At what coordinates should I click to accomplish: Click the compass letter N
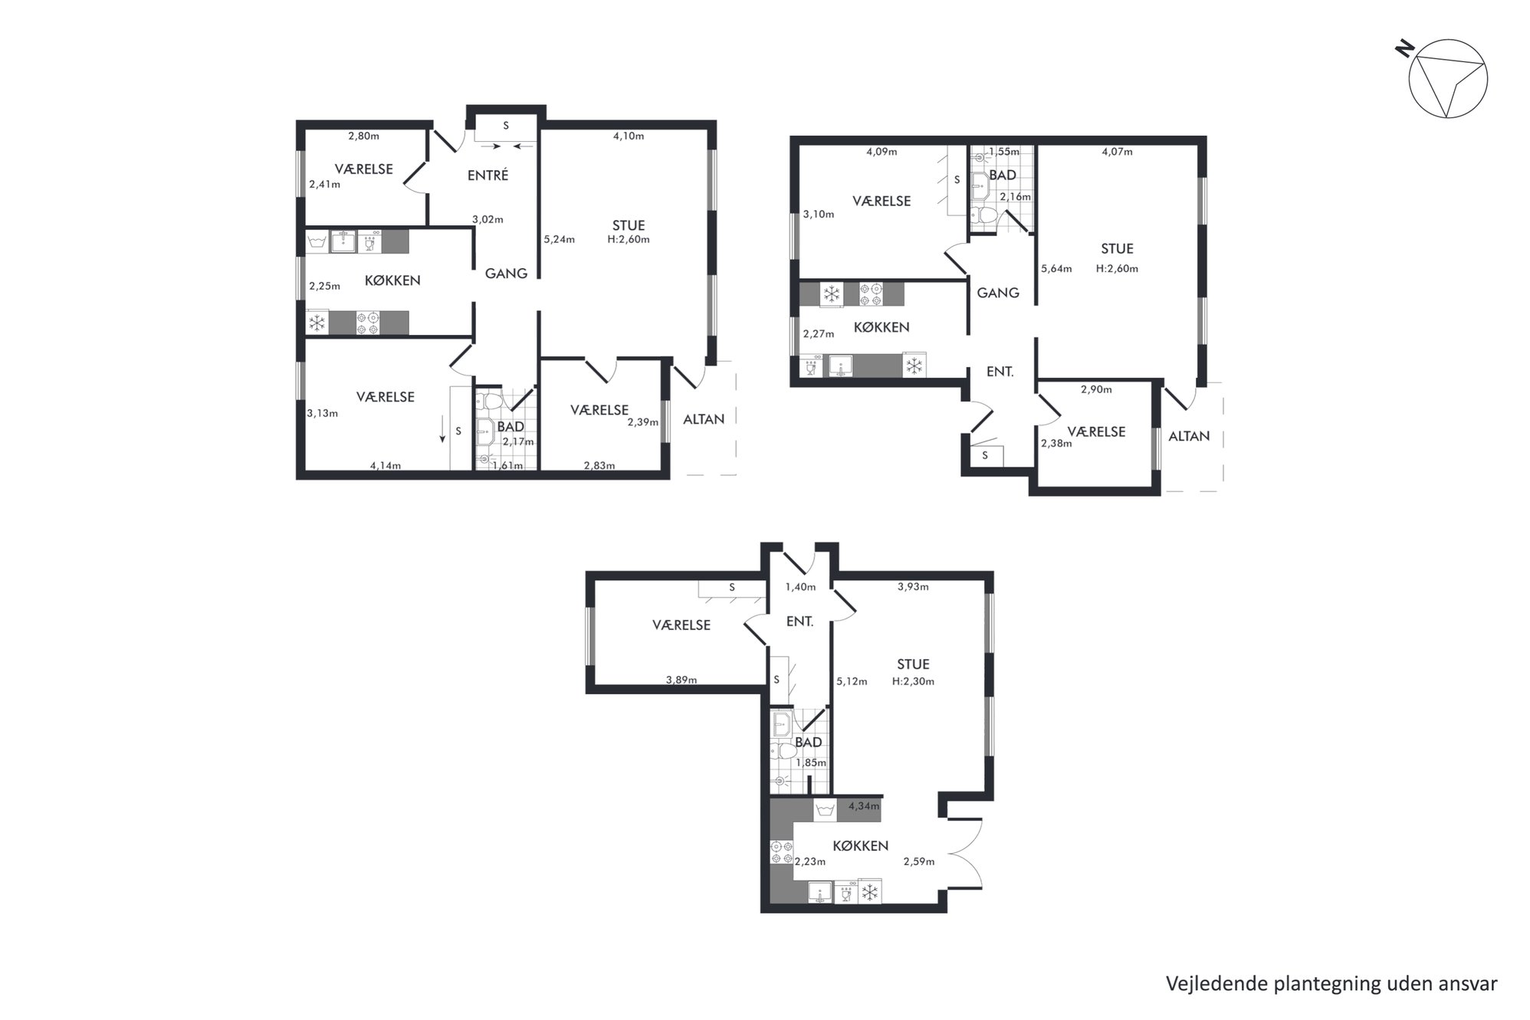[1404, 50]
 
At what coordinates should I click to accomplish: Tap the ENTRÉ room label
[488, 175]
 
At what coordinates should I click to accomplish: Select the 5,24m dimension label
[559, 239]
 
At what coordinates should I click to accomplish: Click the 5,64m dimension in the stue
[1056, 269]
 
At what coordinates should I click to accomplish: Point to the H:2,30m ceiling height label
[913, 681]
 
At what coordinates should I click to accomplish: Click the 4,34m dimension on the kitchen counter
[864, 806]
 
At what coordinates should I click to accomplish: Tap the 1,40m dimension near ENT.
[800, 587]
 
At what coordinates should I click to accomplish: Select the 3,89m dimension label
[681, 680]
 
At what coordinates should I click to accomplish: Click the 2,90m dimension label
[1096, 389]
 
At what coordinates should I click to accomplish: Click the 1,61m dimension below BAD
[507, 465]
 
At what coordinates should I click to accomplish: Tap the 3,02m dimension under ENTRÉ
[488, 219]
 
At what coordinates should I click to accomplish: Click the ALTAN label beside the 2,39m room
[704, 419]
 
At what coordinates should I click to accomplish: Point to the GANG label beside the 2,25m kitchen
[506, 273]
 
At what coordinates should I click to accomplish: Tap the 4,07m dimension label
[1117, 152]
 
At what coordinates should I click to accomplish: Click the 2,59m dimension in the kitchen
[919, 861]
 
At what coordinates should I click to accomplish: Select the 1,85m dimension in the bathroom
[811, 763]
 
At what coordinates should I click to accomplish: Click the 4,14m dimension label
[386, 465]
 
